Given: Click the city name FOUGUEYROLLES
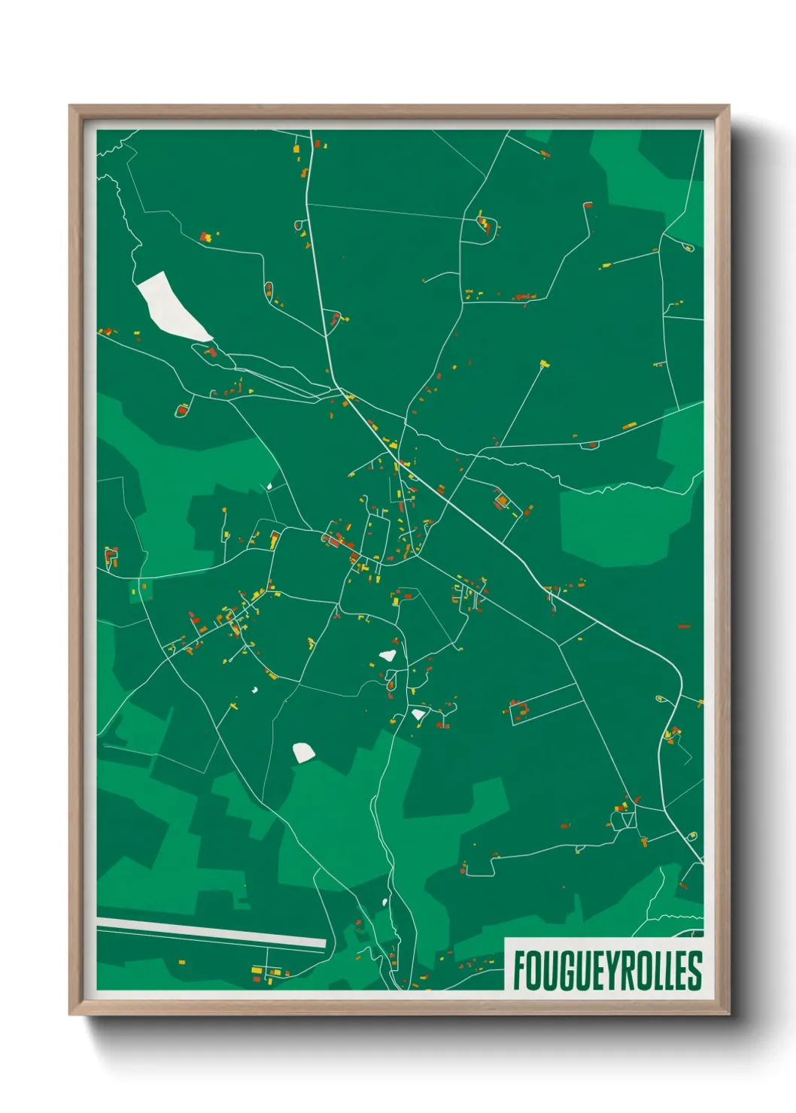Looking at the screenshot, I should [607, 970].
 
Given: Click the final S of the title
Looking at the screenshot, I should [694, 970].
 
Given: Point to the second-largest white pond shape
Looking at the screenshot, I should [302, 752].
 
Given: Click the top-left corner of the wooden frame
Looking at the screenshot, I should [71, 107].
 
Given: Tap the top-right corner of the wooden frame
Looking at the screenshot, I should [728, 107].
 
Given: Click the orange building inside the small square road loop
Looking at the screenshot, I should [500, 500].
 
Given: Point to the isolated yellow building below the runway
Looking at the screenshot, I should [181, 962].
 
